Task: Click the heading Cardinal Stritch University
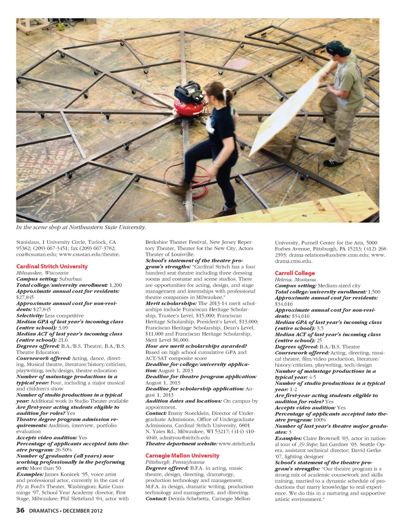pos(52,266)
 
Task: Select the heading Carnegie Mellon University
pos(182,455)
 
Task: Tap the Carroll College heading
pos(295,273)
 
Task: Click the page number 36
pos(20,510)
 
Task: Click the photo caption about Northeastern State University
pos(81,227)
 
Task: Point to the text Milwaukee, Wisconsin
pos(42,272)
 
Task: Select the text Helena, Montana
pos(295,279)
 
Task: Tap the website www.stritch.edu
pos(237,443)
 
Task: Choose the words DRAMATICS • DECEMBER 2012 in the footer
pos(66,511)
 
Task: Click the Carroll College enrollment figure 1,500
pos(374,291)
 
